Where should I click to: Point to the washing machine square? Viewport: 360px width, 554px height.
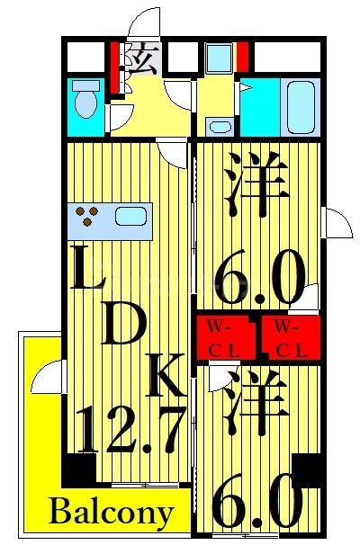click(218, 58)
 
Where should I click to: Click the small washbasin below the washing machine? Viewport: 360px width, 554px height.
click(217, 125)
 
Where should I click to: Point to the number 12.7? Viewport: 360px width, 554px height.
click(130, 432)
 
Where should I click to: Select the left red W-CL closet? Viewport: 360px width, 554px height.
click(226, 338)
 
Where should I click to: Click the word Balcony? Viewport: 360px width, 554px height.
click(112, 514)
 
